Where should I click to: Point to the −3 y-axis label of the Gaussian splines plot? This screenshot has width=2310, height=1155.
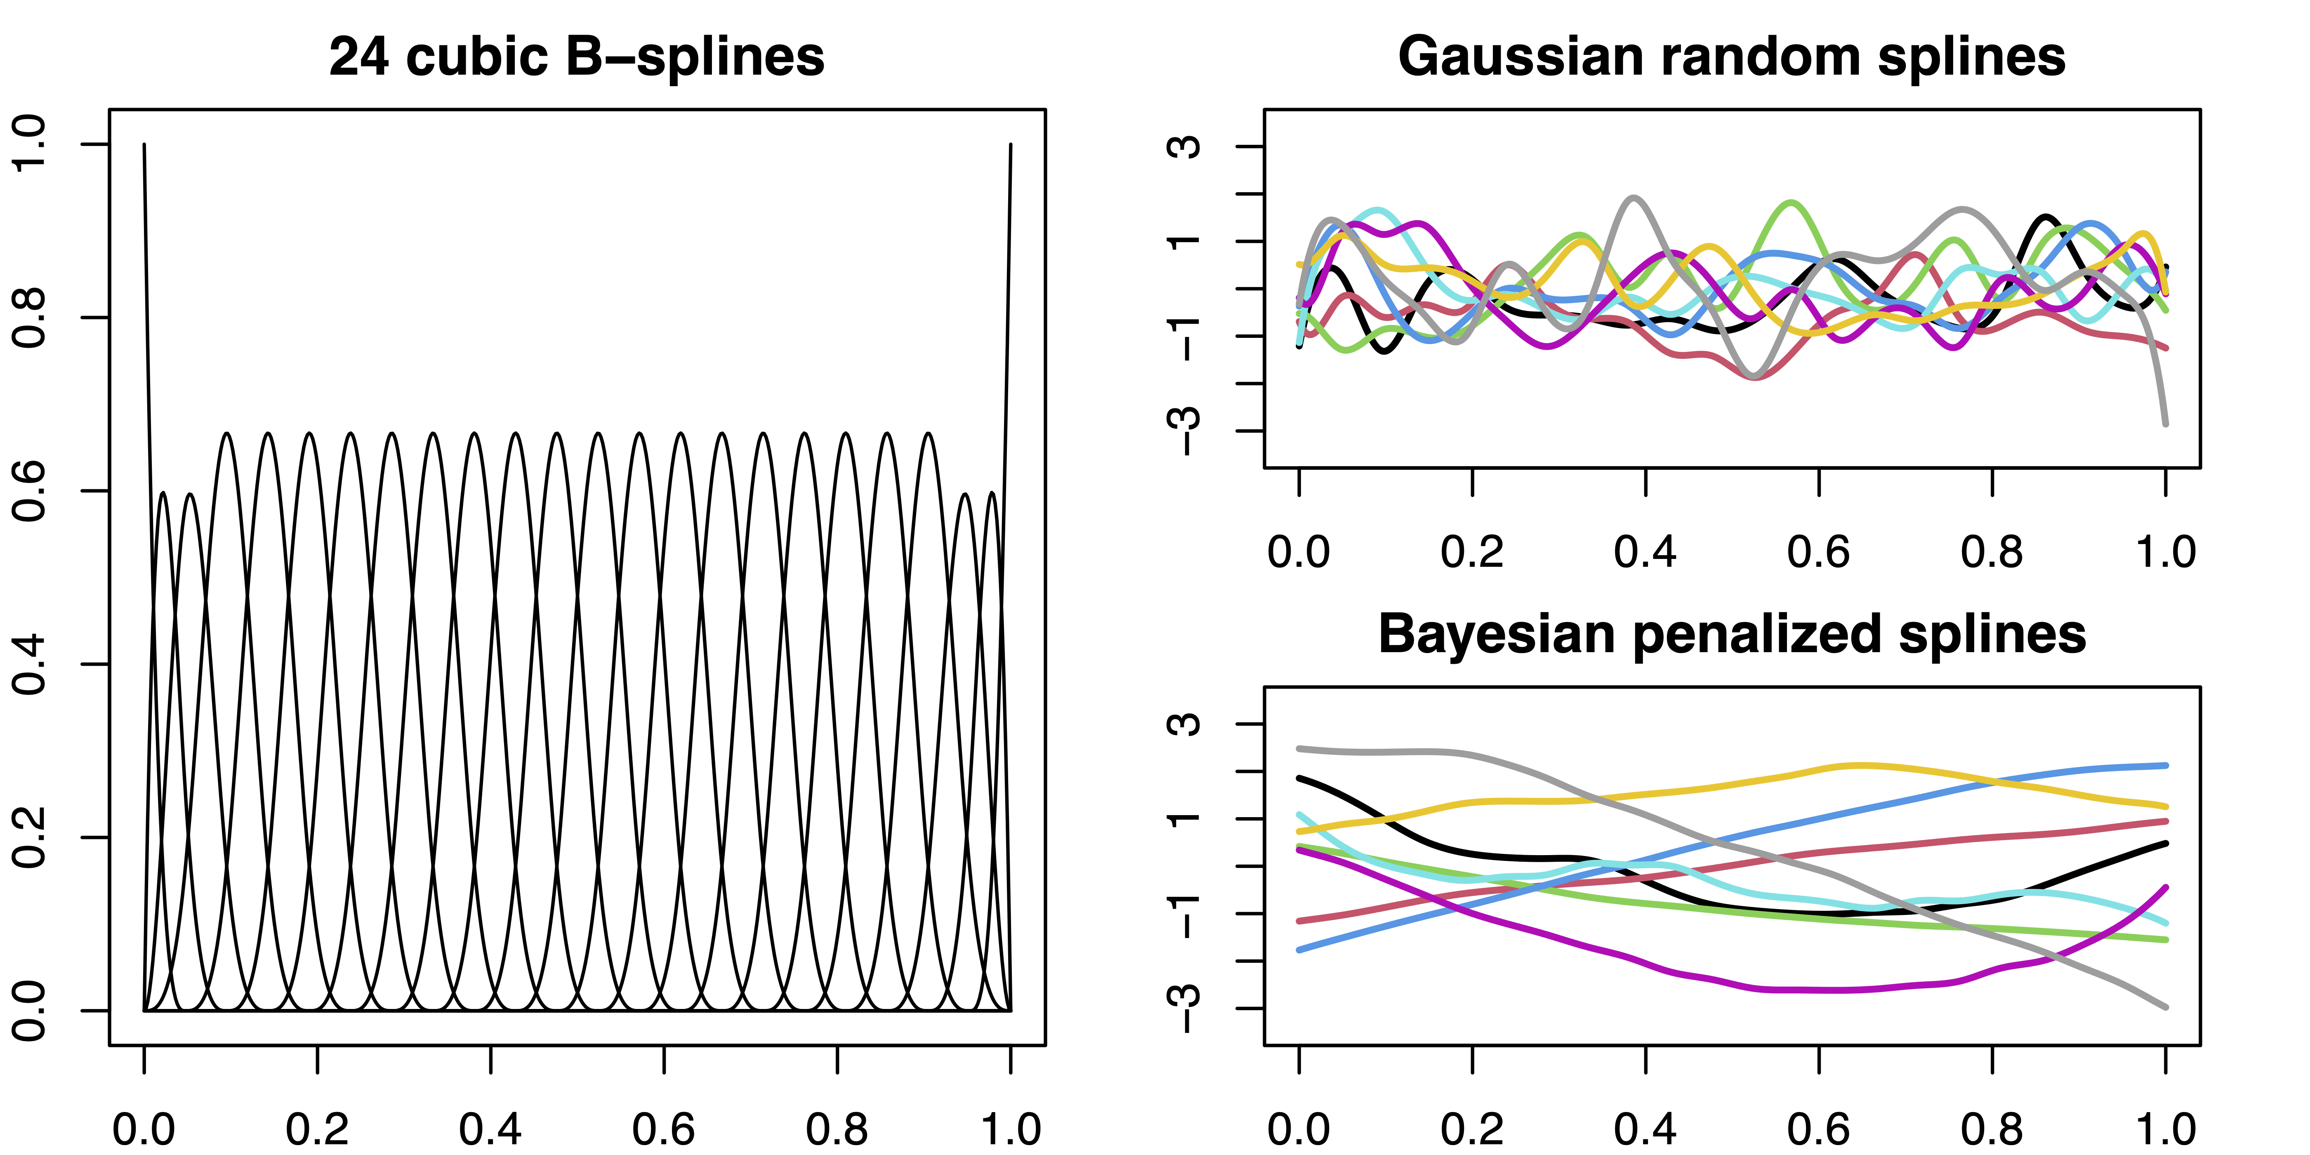point(1186,430)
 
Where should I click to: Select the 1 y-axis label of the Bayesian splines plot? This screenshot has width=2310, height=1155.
point(1186,818)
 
